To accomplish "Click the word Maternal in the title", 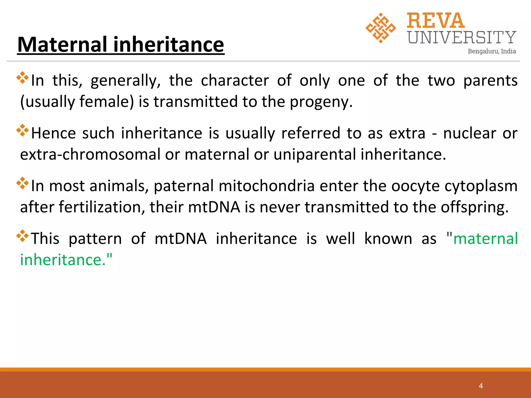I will click(x=62, y=45).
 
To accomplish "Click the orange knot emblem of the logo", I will click(x=381, y=28).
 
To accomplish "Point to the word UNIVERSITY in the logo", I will click(x=462, y=38).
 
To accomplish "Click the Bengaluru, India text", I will click(x=492, y=51).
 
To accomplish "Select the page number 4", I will click(x=481, y=386).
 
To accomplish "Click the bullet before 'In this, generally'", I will click(x=23, y=78).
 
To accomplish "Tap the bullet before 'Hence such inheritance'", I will click(x=23, y=130).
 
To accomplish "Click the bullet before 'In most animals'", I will click(x=23, y=183).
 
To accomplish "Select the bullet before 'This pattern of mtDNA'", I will click(x=23, y=236).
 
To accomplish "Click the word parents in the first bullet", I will click(x=490, y=81).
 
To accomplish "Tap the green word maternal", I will click(x=485, y=239).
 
